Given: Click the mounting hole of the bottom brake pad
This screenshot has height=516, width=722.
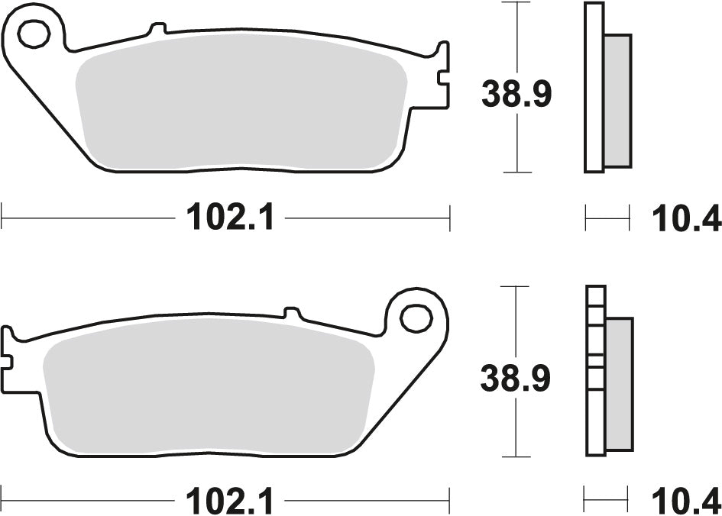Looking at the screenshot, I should tap(416, 318).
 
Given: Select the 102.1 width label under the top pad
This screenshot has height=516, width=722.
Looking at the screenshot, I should tap(229, 220).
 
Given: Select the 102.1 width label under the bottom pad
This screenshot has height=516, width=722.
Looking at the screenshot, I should tap(229, 501).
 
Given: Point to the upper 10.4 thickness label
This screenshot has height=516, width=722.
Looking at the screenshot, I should tap(686, 220).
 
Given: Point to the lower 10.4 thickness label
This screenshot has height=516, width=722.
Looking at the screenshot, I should tap(686, 501).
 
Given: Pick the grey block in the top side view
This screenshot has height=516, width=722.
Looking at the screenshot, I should tap(618, 100).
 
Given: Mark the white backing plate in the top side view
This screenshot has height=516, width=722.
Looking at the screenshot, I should tap(594, 88).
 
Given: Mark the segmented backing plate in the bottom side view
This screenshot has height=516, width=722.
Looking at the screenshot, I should tap(595, 370).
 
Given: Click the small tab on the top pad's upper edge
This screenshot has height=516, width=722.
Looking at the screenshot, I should tap(158, 30).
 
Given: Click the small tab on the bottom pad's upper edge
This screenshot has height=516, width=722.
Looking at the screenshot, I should tap(292, 312).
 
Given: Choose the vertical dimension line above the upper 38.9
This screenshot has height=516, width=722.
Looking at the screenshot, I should tap(518, 38).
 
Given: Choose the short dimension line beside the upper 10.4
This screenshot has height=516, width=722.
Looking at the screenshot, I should tap(607, 218).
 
